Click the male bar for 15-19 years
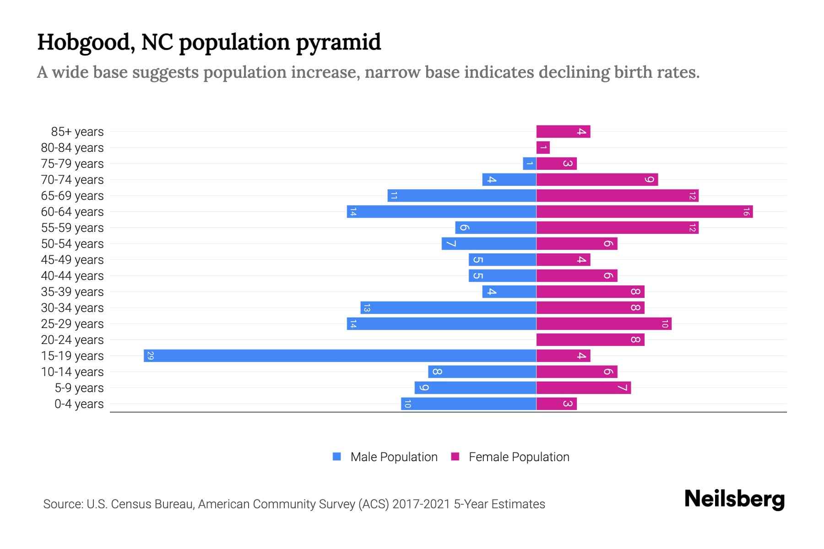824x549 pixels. click(340, 356)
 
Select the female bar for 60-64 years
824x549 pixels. click(644, 212)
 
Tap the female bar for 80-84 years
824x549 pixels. click(543, 148)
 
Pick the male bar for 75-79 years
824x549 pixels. click(530, 164)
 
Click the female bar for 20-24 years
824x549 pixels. click(590, 340)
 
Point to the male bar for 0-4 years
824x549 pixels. click(468, 404)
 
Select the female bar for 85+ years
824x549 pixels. click(563, 132)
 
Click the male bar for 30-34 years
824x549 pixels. click(448, 308)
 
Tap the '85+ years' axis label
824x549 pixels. click(77, 132)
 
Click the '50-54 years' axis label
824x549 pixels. click(72, 244)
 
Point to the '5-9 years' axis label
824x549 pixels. click(79, 388)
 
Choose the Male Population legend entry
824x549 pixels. click(385, 457)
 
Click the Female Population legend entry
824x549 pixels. click(510, 457)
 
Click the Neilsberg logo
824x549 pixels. click(734, 499)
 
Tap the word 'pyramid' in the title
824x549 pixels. click(338, 43)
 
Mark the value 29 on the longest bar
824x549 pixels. click(150, 356)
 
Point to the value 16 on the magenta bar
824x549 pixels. click(746, 212)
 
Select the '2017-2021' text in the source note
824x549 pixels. click(421, 504)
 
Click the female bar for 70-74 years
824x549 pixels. click(597, 180)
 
